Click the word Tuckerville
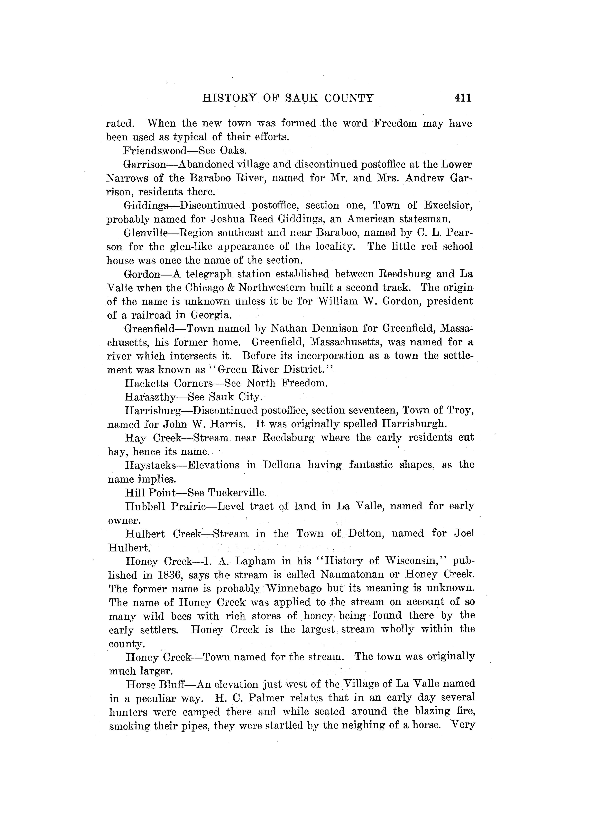[237, 493]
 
